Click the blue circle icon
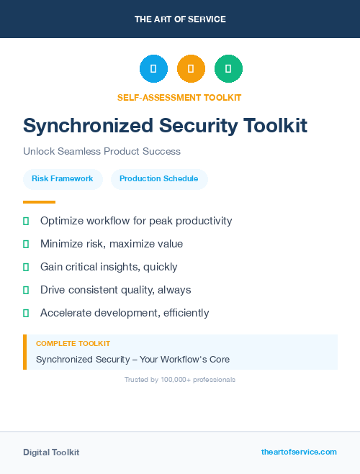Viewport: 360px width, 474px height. [153, 69]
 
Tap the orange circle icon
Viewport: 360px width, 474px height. [191, 69]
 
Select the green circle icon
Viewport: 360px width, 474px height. [228, 69]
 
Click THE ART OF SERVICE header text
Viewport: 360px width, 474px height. [180, 19]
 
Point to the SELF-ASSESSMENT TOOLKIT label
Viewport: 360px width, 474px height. [179, 97]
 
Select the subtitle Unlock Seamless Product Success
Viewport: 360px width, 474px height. [102, 152]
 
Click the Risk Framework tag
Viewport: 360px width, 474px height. [63, 179]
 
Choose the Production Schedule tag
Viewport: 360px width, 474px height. [159, 179]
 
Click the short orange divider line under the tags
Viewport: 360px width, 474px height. [39, 202]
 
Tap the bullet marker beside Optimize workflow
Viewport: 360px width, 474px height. [26, 221]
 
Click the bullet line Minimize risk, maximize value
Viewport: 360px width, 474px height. [112, 244]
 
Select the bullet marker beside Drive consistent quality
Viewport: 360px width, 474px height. [26, 290]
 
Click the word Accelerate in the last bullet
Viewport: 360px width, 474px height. [66, 313]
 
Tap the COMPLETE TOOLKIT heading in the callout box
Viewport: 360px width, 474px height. [73, 344]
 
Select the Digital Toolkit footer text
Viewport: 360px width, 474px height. [51, 452]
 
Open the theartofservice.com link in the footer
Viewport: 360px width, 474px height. [299, 452]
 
